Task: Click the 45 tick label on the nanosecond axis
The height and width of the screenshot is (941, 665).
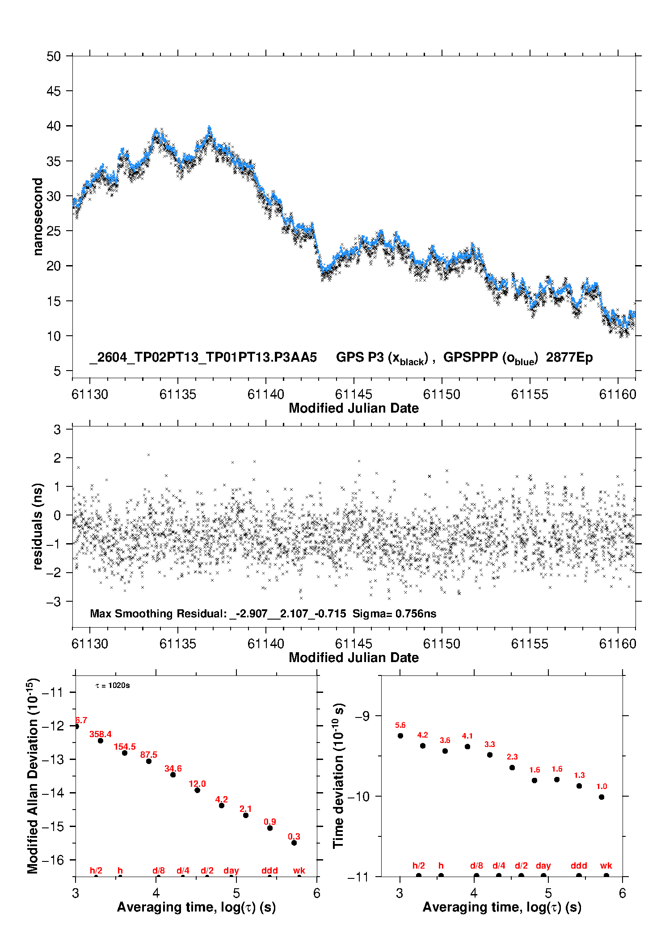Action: coord(54,91)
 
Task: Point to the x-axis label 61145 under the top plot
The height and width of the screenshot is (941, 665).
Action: coord(354,394)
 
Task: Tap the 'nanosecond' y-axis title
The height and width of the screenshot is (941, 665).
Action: coord(38,217)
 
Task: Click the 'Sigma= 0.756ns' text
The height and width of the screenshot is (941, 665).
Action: coord(394,613)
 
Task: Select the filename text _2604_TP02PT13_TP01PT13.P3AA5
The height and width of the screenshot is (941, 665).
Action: coord(203,358)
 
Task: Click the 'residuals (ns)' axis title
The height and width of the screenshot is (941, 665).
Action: coord(38,526)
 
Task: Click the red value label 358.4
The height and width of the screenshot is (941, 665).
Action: coord(101,734)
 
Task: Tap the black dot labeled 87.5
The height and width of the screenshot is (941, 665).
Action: coord(149,761)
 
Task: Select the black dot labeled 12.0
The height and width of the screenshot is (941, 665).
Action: coord(197,790)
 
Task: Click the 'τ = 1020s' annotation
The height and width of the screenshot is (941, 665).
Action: coord(113,685)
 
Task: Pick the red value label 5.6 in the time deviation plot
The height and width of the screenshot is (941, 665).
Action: coord(400,725)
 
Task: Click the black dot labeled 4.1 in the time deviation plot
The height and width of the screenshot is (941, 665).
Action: coord(467,747)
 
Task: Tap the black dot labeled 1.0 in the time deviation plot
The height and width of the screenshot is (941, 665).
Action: coord(602,797)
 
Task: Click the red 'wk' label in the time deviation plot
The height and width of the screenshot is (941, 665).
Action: coord(606,865)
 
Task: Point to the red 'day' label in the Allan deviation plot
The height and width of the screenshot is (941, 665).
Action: coord(231,870)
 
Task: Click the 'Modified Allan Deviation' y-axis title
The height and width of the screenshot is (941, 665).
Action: coord(34,776)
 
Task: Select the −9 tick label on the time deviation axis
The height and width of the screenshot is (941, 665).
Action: coord(362,716)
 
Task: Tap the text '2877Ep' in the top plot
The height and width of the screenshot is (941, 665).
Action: coord(569,358)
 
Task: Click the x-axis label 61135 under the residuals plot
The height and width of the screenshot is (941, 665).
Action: coord(178,644)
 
